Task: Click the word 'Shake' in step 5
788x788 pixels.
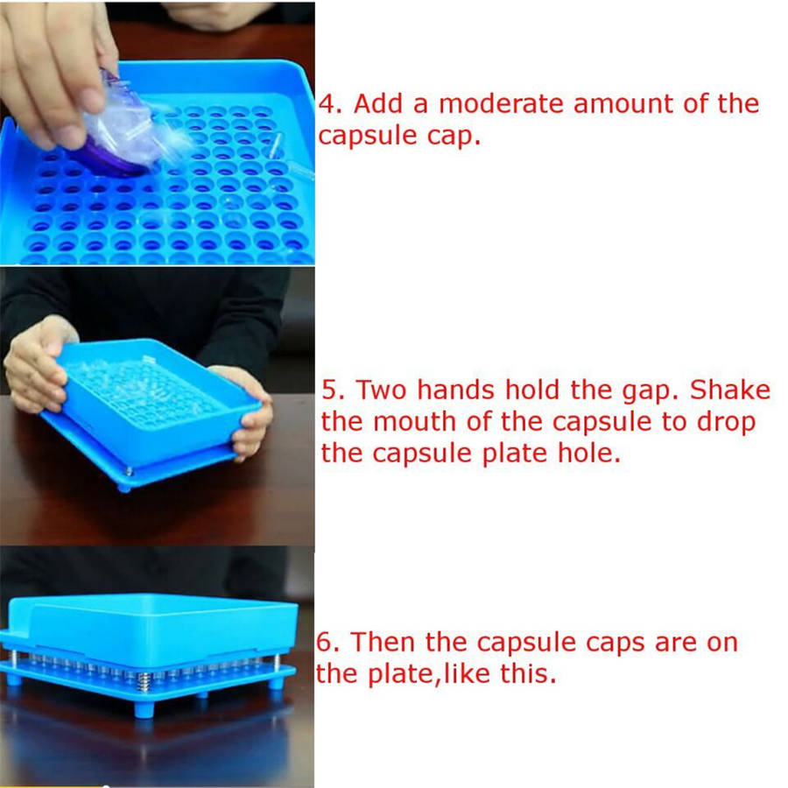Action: [729, 390]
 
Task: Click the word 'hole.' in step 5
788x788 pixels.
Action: [589, 453]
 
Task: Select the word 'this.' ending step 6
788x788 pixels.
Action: [528, 673]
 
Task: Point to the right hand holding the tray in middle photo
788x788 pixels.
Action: [249, 412]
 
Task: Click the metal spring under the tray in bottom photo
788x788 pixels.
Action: [144, 681]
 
